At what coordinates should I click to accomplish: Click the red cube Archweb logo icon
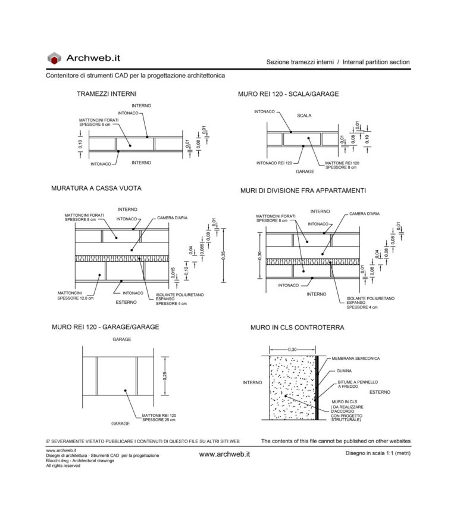(x=54, y=58)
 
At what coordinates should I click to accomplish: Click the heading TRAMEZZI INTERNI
(x=107, y=94)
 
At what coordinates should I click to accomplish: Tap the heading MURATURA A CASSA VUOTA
(x=96, y=188)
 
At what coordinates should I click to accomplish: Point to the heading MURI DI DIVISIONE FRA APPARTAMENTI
(x=303, y=191)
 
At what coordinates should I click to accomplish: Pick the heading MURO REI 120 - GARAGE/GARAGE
(x=105, y=327)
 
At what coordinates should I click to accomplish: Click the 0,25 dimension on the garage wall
(x=165, y=376)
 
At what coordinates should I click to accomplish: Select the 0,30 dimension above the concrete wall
(x=292, y=349)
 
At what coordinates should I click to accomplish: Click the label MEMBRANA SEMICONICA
(x=356, y=359)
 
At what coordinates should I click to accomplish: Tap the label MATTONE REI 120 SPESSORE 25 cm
(x=159, y=417)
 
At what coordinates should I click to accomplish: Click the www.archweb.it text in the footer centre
(x=224, y=454)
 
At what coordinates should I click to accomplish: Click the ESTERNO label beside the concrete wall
(x=379, y=392)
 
